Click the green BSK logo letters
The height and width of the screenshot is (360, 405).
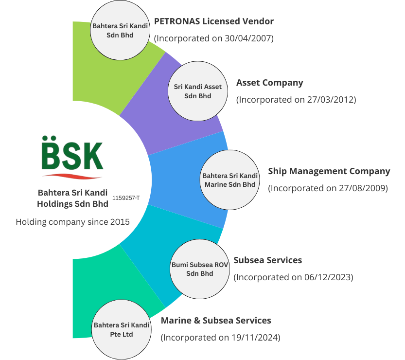click(x=72, y=155)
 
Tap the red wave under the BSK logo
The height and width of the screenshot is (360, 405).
click(x=72, y=175)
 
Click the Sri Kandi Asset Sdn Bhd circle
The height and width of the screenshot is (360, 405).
click(x=198, y=91)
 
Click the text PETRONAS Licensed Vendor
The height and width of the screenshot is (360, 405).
click(x=214, y=22)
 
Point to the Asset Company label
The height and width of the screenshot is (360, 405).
click(x=269, y=83)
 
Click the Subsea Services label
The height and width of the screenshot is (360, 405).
click(x=268, y=260)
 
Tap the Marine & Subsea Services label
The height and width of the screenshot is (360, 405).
click(x=216, y=321)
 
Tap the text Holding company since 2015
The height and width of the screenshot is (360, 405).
click(x=73, y=222)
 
